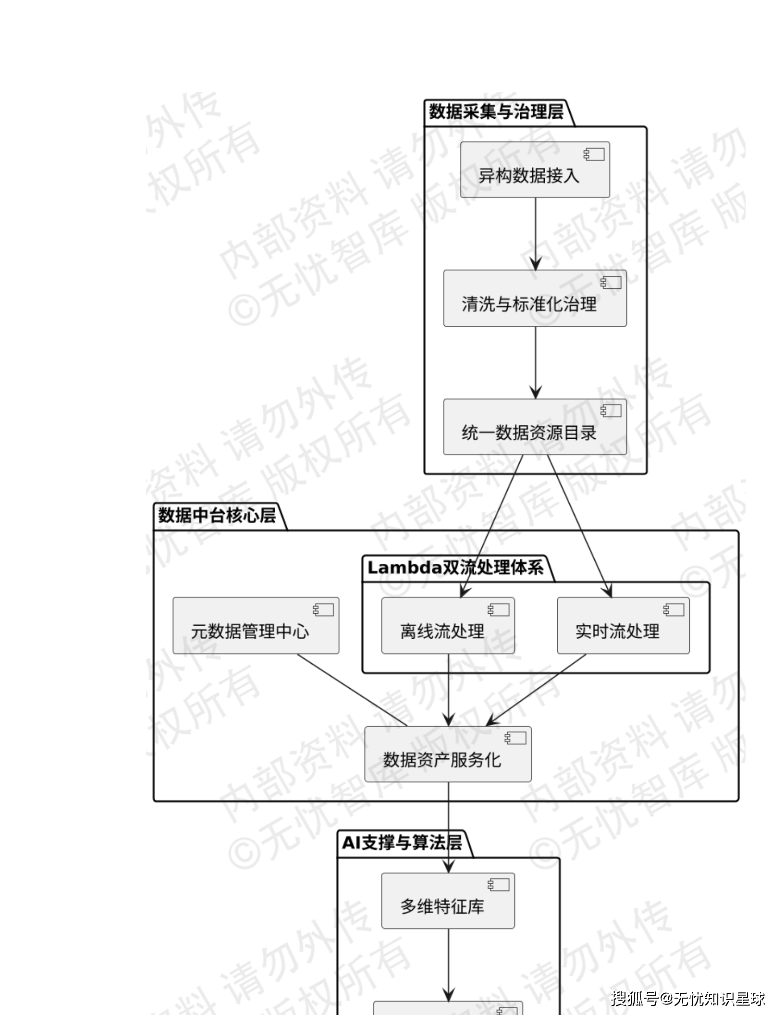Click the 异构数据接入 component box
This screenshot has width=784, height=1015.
click(x=535, y=170)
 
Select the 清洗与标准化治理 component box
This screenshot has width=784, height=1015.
click(x=535, y=298)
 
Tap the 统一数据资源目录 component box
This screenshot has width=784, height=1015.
click(x=535, y=427)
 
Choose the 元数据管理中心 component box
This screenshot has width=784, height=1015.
click(x=256, y=626)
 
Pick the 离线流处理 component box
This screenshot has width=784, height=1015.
click(x=448, y=626)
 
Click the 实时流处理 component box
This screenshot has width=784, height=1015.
click(x=623, y=626)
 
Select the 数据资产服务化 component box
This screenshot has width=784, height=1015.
click(x=448, y=754)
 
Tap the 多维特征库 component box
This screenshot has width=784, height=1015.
click(x=448, y=901)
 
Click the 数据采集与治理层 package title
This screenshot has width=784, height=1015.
click(x=496, y=112)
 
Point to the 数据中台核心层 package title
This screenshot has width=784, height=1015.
click(x=217, y=516)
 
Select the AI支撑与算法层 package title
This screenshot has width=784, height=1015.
click(x=402, y=843)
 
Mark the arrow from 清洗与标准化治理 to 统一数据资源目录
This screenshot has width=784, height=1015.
click(x=536, y=362)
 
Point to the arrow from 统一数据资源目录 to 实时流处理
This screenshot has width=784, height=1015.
click(x=579, y=526)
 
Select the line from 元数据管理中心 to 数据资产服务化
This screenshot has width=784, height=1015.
click(x=352, y=690)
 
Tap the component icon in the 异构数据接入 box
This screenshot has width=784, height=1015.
click(x=594, y=154)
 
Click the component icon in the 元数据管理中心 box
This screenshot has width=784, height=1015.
click(x=323, y=610)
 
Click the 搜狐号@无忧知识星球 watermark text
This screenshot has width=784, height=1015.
click(x=688, y=998)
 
